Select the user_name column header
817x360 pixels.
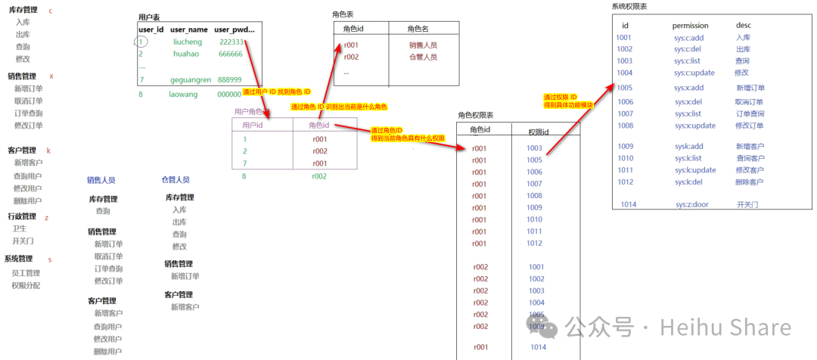click(x=189, y=29)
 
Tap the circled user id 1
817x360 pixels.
click(x=141, y=42)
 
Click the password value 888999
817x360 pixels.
click(x=230, y=79)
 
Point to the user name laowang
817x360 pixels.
click(x=184, y=95)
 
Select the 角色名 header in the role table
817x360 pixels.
click(x=418, y=29)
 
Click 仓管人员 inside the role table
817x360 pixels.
click(x=423, y=57)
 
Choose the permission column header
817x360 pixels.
click(x=691, y=25)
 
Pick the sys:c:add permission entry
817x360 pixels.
click(x=689, y=37)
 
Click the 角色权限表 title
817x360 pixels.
click(x=475, y=115)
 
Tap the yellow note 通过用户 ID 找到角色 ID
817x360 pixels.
click(x=276, y=92)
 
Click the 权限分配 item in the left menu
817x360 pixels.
click(x=26, y=286)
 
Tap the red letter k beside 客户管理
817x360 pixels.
click(x=48, y=151)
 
